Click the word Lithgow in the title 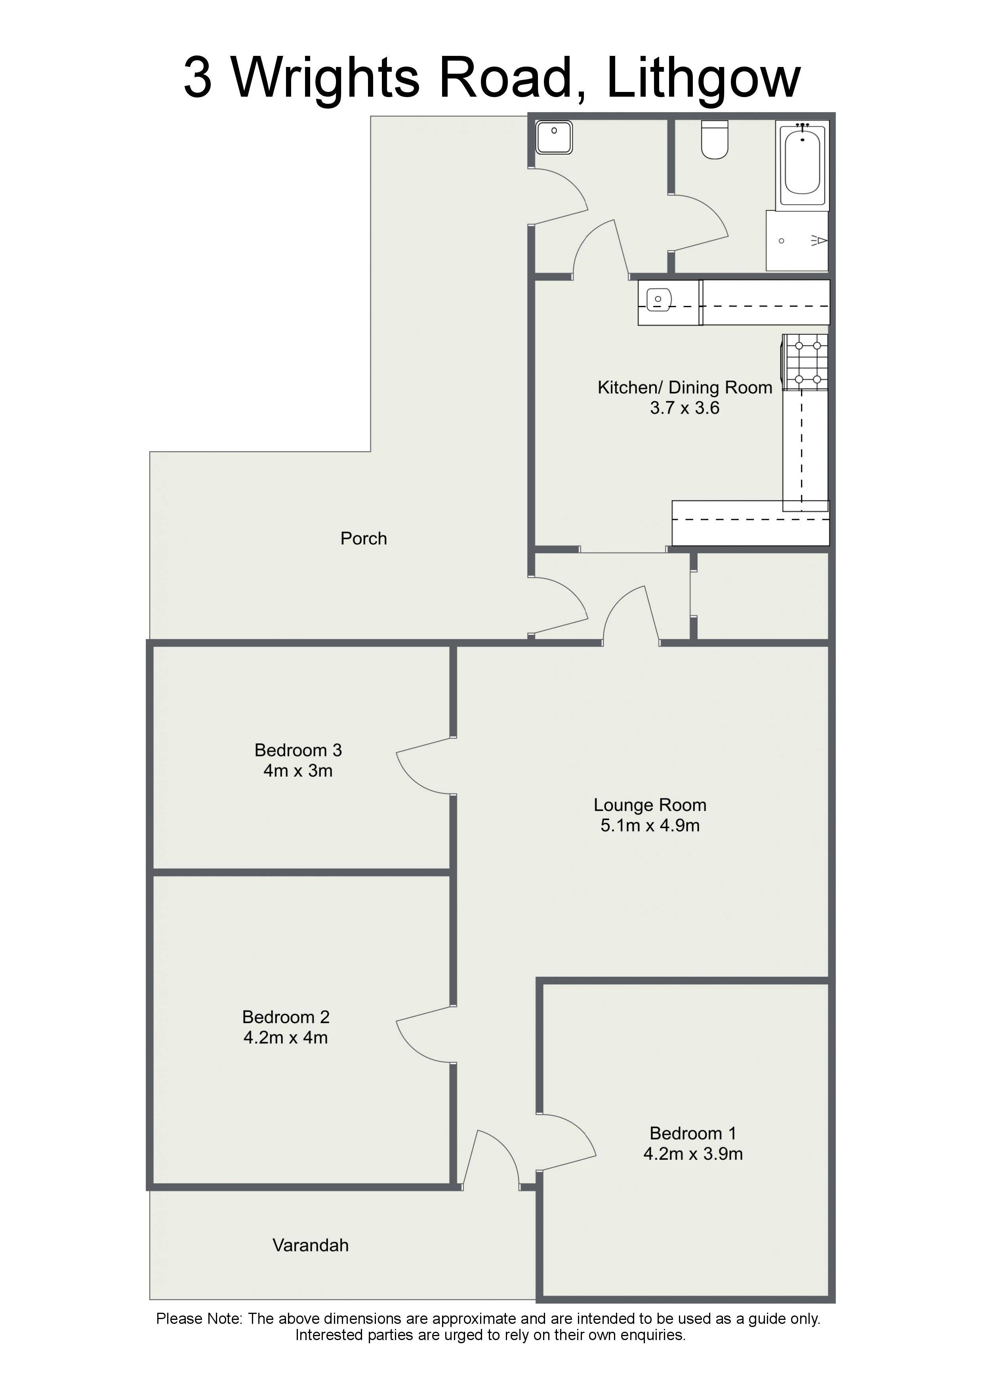(703, 79)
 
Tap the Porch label (364, 538)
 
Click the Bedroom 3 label (298, 750)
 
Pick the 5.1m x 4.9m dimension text (650, 825)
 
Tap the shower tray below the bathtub (797, 241)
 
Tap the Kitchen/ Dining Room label (685, 388)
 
